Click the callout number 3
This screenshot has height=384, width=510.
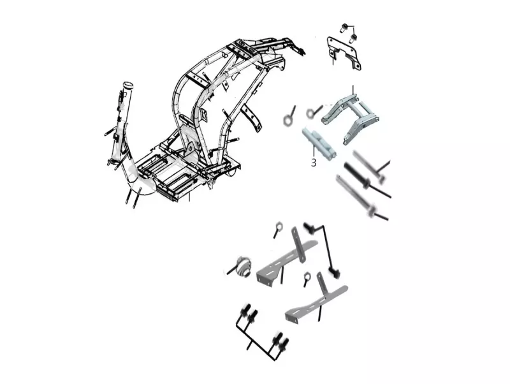pos(313,163)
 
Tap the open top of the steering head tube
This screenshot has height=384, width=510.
pos(129,85)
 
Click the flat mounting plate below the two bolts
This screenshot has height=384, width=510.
pos(344,54)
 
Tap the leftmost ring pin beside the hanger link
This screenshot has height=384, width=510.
pos(289,117)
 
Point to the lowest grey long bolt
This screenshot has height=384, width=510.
pos(361,197)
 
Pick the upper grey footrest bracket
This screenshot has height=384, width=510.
pos(286,259)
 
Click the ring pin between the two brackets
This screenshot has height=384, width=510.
pos(306,279)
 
